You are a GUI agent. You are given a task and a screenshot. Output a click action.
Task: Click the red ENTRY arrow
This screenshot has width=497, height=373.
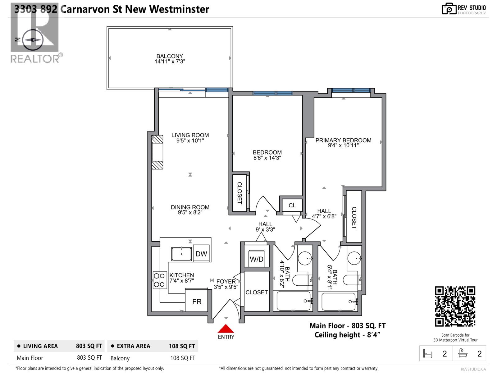[x=226, y=329]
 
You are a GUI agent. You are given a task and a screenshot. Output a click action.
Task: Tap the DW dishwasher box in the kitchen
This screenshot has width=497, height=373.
[x=201, y=254]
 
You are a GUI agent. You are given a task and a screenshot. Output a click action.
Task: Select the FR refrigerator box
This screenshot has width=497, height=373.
[x=197, y=301]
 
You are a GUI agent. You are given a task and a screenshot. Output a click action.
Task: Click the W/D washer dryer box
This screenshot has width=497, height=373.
[x=257, y=259]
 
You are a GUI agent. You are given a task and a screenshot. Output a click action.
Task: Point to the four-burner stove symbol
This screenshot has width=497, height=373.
[x=160, y=280]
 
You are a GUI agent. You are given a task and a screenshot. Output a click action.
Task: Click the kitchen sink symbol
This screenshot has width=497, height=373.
[x=182, y=254]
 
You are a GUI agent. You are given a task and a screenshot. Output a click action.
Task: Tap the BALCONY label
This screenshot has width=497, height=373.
[x=170, y=56]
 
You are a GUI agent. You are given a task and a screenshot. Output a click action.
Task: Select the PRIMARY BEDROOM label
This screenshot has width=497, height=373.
[x=343, y=140]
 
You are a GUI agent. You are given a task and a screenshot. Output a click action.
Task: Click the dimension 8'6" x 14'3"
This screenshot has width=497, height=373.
[x=267, y=158]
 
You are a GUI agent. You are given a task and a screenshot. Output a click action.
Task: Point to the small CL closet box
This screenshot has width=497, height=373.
[x=292, y=205]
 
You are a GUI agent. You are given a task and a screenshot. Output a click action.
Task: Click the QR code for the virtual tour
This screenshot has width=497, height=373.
[x=455, y=306]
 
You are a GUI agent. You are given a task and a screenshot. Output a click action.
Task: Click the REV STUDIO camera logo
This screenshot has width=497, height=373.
[x=449, y=9]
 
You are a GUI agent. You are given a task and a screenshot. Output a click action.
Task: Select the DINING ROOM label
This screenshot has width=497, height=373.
[x=190, y=207]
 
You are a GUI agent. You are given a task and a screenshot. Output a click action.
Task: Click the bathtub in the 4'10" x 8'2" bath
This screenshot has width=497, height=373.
[x=294, y=301]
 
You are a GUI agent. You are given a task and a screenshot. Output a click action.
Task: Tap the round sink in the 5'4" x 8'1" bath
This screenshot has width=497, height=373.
[x=354, y=258]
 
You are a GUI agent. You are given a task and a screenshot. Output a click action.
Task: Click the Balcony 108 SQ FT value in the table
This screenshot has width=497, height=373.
[x=183, y=358]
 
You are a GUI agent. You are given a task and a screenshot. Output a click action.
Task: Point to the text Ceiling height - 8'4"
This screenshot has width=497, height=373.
[x=347, y=335]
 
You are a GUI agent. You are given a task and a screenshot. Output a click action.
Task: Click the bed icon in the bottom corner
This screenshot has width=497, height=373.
[x=428, y=353]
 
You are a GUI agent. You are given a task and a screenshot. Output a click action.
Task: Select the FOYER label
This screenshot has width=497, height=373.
[x=226, y=282]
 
